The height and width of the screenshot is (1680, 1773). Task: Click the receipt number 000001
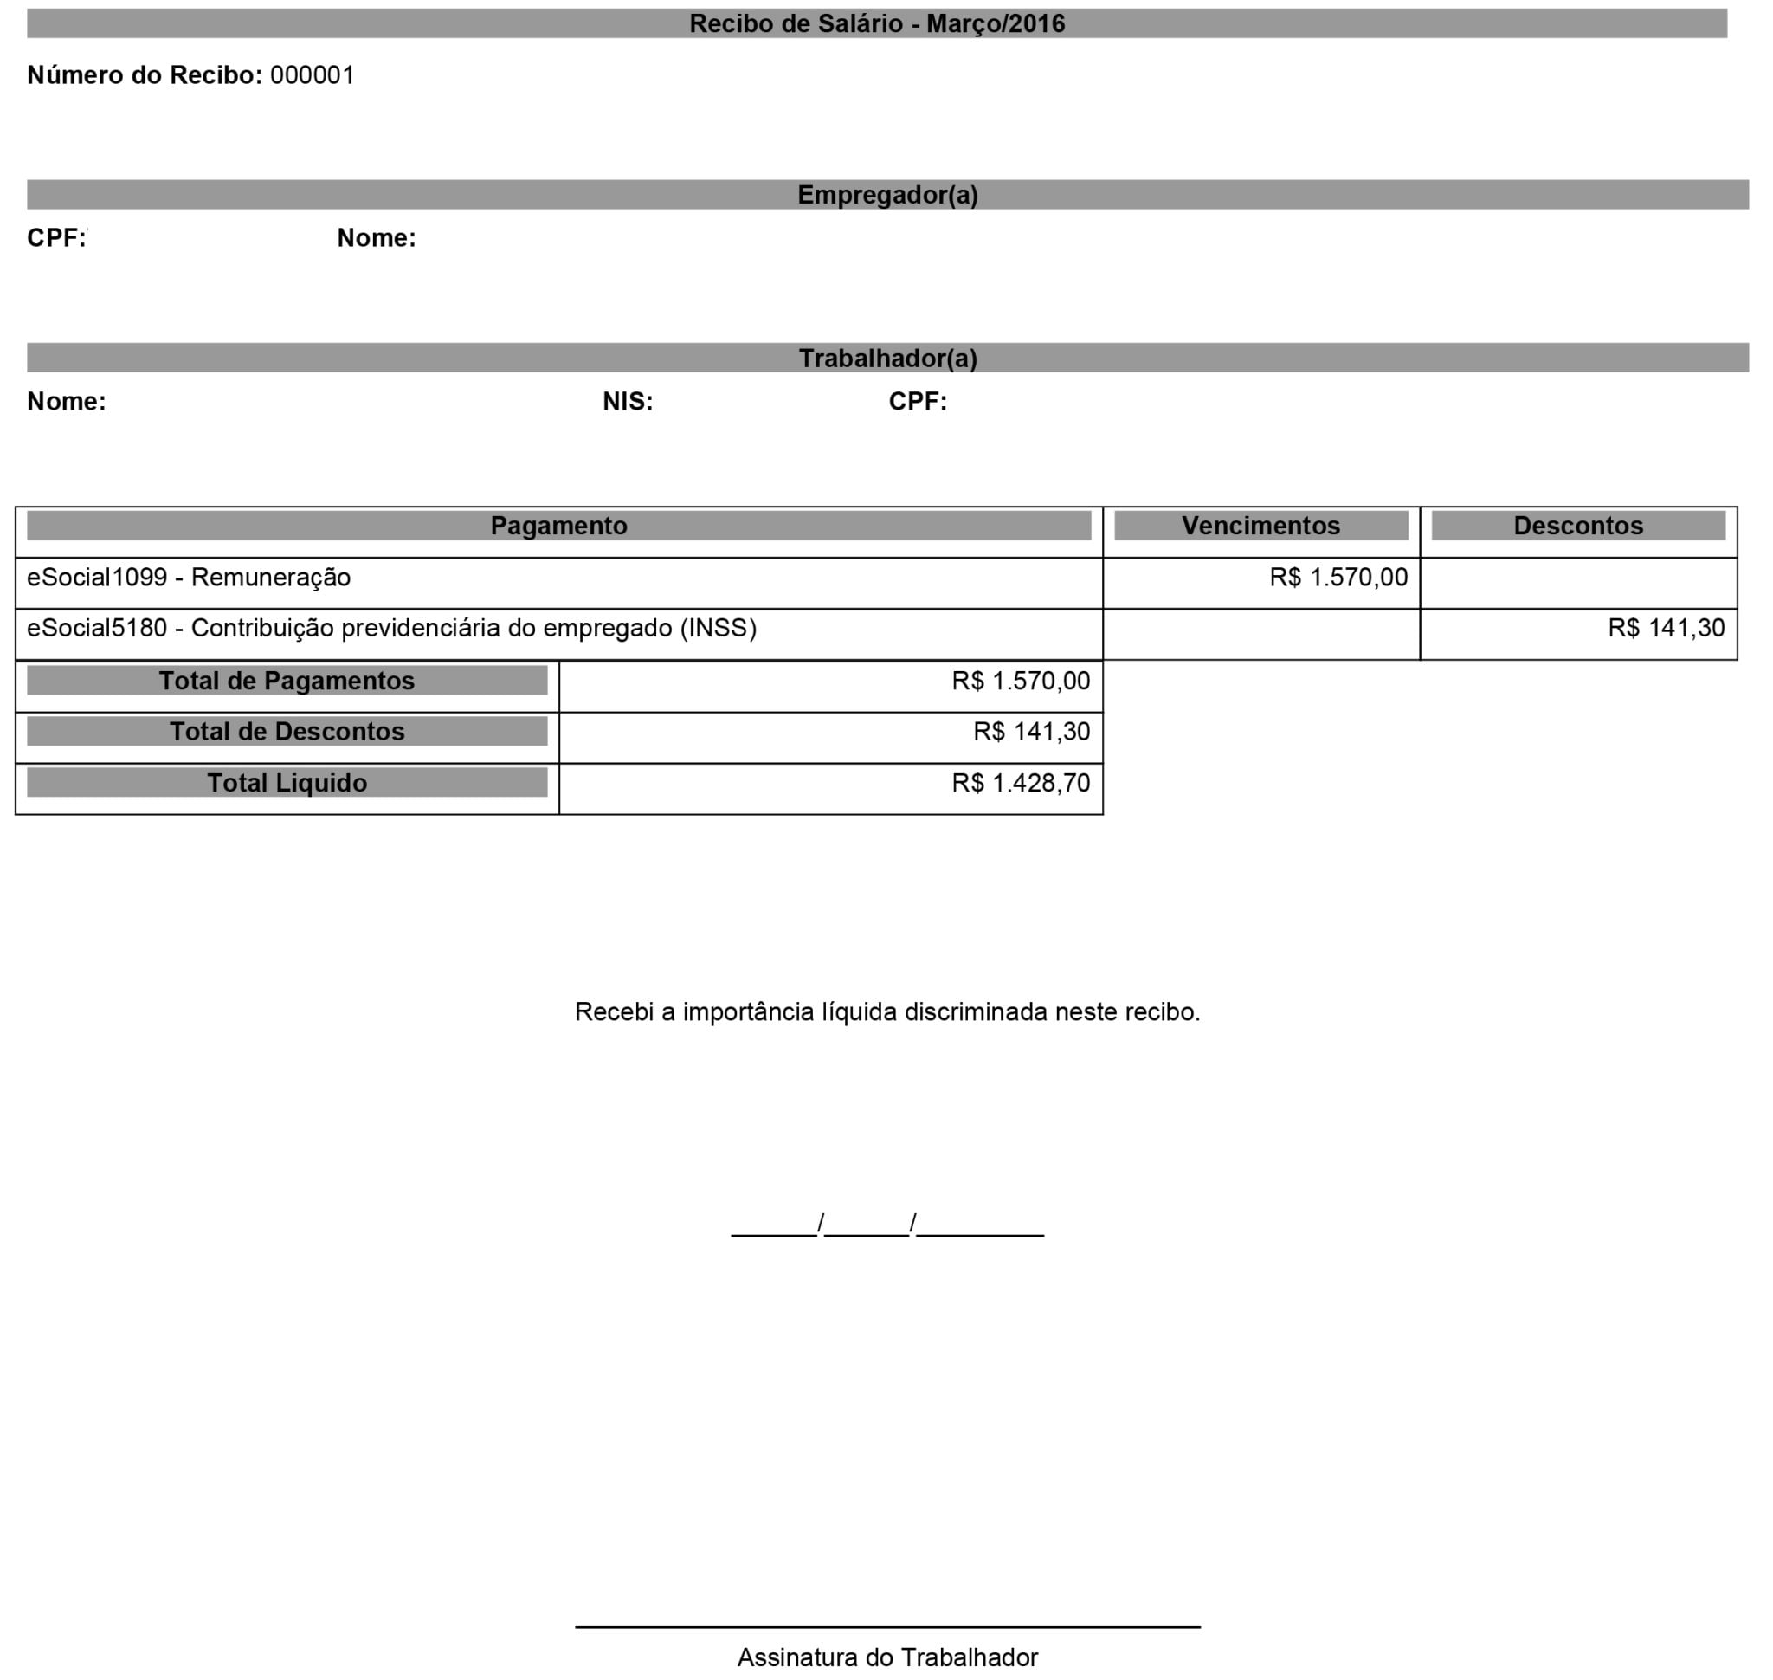(x=313, y=75)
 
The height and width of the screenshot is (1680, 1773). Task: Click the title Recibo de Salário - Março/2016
(x=877, y=23)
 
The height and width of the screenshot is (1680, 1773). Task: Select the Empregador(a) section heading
(x=887, y=194)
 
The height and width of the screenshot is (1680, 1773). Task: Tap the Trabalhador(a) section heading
(x=887, y=359)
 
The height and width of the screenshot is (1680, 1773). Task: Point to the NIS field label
(x=628, y=401)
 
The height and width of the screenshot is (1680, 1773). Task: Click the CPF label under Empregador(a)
(x=56, y=237)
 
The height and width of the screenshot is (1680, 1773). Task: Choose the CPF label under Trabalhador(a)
(x=917, y=401)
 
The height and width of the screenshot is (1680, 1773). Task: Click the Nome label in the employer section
(x=376, y=237)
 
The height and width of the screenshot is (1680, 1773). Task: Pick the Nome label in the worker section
(x=67, y=401)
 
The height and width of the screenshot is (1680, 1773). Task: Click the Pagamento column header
(x=558, y=526)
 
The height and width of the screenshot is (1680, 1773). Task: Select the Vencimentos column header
(x=1260, y=526)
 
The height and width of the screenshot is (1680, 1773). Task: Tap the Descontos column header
(x=1578, y=526)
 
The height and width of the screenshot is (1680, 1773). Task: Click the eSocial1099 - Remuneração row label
(x=189, y=578)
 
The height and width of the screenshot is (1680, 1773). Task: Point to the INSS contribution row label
(x=391, y=629)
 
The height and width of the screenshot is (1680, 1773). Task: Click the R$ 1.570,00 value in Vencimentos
(x=1338, y=578)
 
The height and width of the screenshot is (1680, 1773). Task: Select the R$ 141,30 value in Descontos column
(x=1666, y=629)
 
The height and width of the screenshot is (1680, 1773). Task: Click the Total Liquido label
(x=287, y=783)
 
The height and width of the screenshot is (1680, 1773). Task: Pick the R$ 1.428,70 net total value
(x=1021, y=784)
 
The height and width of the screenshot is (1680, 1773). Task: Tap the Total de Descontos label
(x=287, y=732)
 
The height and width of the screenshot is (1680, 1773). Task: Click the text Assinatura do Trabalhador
(x=887, y=1657)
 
